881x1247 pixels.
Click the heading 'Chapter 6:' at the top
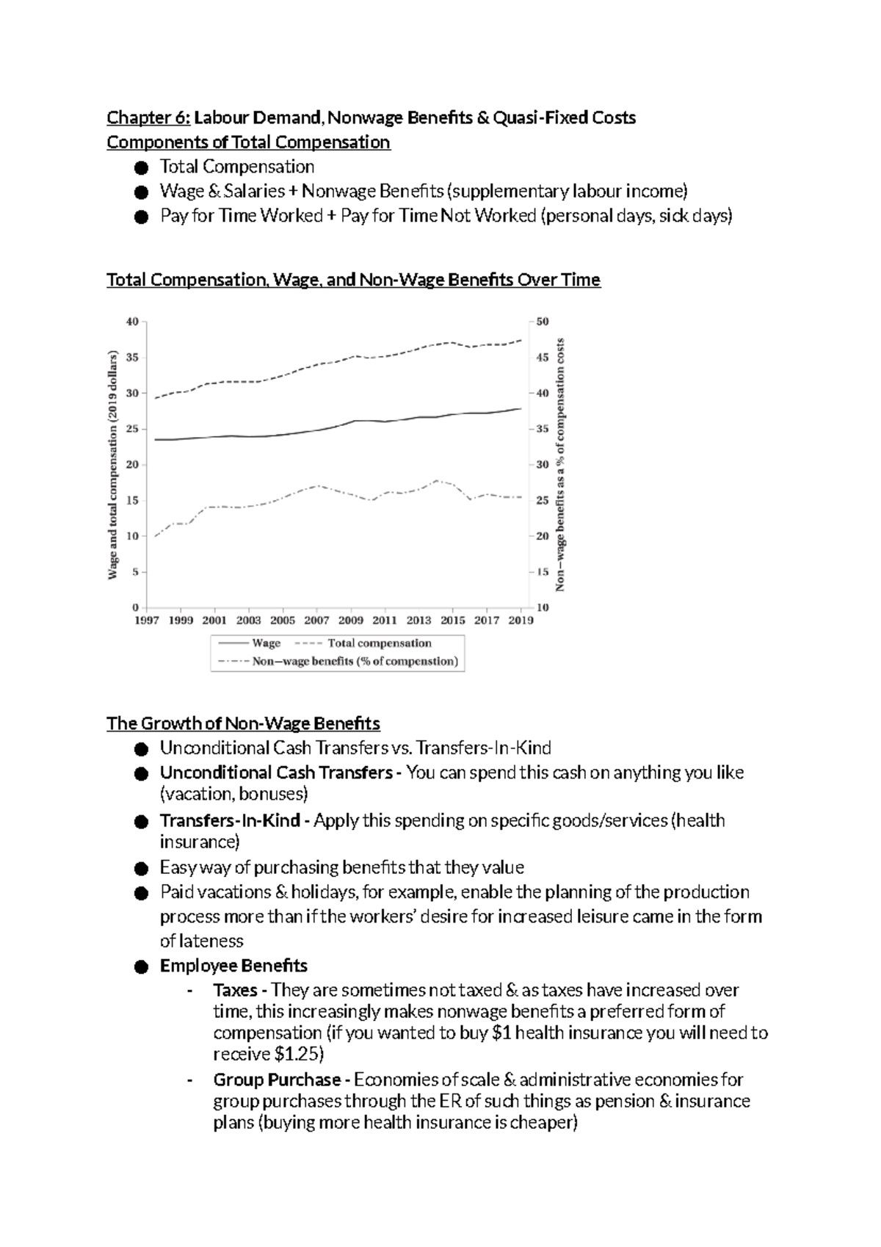[x=149, y=118]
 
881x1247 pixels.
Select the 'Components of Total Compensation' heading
[x=248, y=142]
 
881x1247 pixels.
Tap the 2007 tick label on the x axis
[x=316, y=621]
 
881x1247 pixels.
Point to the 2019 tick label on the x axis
[x=521, y=621]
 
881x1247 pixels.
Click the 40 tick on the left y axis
[x=132, y=322]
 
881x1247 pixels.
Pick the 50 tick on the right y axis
[x=543, y=322]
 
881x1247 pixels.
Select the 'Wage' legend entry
[x=266, y=643]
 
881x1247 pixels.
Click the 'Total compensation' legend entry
[x=379, y=643]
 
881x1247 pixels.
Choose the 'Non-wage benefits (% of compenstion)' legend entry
[x=355, y=662]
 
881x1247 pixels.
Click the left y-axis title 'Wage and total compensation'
[x=113, y=464]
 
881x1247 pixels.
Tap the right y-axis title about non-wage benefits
[x=561, y=464]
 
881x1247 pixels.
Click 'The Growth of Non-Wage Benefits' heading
[x=243, y=724]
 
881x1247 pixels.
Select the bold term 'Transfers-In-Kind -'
[x=230, y=820]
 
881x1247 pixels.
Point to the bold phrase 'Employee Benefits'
[x=233, y=966]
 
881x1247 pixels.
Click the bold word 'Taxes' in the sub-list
[x=235, y=991]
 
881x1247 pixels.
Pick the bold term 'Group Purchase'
[x=277, y=1080]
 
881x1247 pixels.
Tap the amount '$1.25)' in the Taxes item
[x=298, y=1055]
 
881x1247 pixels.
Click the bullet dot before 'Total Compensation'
[x=142, y=168]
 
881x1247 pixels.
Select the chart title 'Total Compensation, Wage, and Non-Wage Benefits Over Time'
[x=353, y=281]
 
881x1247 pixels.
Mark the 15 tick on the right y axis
[x=543, y=572]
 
